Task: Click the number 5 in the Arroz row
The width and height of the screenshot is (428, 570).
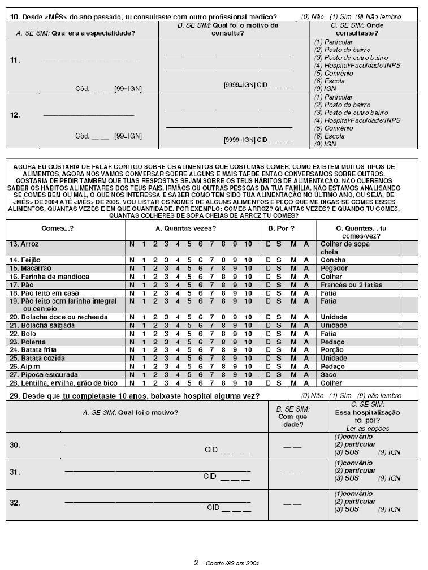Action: tap(189, 244)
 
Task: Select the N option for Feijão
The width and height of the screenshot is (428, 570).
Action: tap(132, 260)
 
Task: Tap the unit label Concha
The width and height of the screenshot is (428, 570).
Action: tap(333, 260)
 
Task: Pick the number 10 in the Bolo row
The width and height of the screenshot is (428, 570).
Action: tap(248, 333)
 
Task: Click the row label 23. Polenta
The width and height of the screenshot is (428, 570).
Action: tap(27, 342)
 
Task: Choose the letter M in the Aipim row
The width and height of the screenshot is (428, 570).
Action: tap(293, 366)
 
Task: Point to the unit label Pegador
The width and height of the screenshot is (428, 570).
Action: tap(335, 267)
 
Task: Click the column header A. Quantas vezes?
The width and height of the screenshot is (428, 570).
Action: tap(185, 228)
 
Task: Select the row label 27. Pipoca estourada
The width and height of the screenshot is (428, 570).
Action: tap(42, 374)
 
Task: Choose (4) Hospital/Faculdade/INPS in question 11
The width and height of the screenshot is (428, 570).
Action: tap(357, 65)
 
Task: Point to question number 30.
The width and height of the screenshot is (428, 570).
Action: tap(15, 445)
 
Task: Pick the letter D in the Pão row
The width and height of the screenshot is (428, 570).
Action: tap(269, 284)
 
